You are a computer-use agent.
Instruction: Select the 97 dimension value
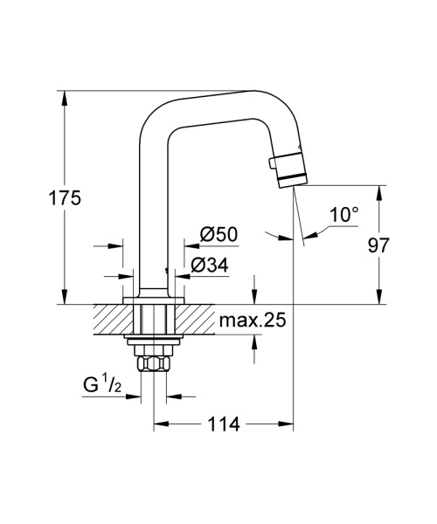(378, 245)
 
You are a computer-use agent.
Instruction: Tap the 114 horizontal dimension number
(225, 424)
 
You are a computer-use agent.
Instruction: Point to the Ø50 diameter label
(219, 234)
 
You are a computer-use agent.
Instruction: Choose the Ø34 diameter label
(218, 264)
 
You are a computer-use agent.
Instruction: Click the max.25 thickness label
(253, 321)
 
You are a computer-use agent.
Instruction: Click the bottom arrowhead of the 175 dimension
(65, 298)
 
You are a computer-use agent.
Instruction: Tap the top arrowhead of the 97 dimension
(378, 191)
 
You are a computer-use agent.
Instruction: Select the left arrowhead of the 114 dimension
(161, 424)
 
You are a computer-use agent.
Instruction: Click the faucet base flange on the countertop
(155, 300)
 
